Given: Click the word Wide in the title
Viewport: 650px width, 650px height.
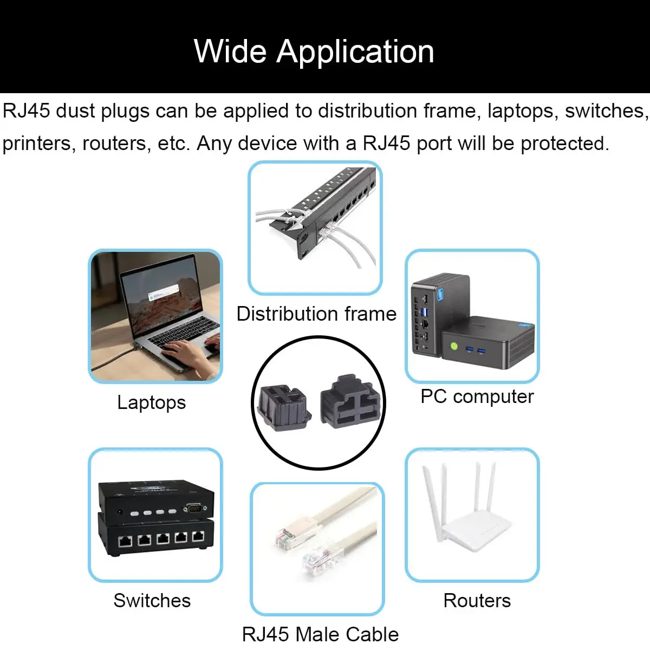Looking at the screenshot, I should [x=230, y=52].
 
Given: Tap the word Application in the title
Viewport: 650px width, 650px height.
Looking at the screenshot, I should [x=355, y=52].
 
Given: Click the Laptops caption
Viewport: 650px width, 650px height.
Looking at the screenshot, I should [x=152, y=402].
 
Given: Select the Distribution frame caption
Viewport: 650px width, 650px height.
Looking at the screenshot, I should [x=316, y=314].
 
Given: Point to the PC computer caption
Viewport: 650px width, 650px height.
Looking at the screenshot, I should [x=477, y=396].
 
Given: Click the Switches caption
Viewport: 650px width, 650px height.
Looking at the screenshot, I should [x=152, y=600].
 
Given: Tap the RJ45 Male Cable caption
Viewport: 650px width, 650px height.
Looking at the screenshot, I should [x=320, y=634].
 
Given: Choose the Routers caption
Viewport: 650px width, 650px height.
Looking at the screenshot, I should [x=477, y=600].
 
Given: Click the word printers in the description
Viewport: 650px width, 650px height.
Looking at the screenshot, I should [x=37, y=144].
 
